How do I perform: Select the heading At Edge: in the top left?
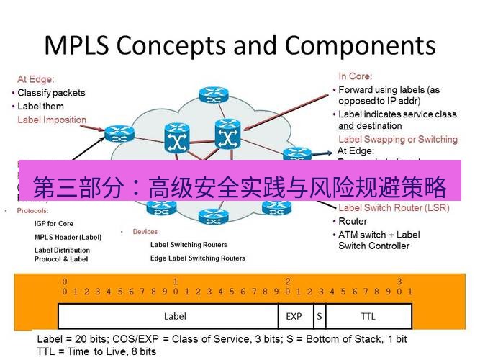point(36,79)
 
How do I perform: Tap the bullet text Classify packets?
point(51,93)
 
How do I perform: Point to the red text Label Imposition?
point(52,120)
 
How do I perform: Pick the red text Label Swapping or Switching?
point(397,139)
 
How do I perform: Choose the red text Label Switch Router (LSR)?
point(394,208)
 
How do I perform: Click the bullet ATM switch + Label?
point(379,235)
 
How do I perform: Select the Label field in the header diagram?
point(175,316)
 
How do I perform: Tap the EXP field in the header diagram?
point(294,316)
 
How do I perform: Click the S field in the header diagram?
point(318,316)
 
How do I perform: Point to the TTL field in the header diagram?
point(368,316)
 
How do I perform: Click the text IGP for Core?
point(54,224)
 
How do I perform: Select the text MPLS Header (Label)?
point(68,237)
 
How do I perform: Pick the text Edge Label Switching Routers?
point(197,258)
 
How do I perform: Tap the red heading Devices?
point(145,232)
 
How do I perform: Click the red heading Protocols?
point(32,212)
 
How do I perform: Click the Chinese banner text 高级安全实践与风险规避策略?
point(297,189)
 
